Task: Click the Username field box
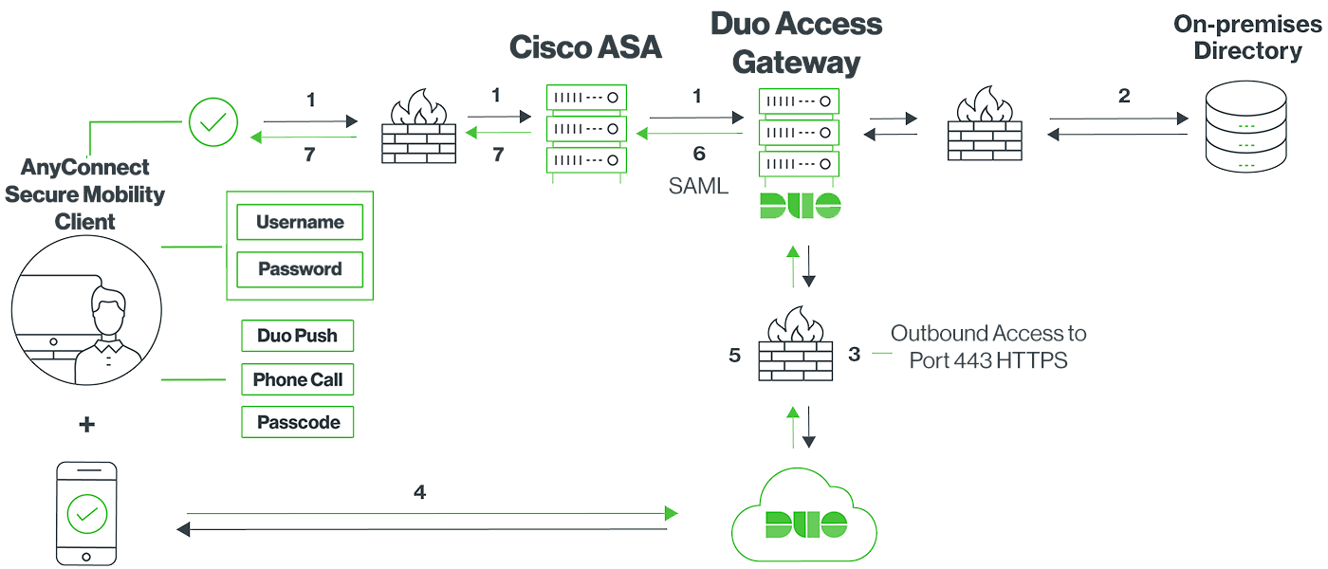300,223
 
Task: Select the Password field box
300,269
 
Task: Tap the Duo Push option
297,336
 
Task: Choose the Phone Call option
297,380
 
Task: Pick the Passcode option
297,423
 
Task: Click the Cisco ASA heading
585,47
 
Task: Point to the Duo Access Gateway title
796,43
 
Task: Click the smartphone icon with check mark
86,513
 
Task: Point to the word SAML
699,186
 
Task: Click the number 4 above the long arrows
419,492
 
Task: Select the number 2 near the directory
1124,96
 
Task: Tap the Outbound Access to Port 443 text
988,347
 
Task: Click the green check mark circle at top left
213,122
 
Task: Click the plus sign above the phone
86,425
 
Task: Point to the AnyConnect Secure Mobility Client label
84,194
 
